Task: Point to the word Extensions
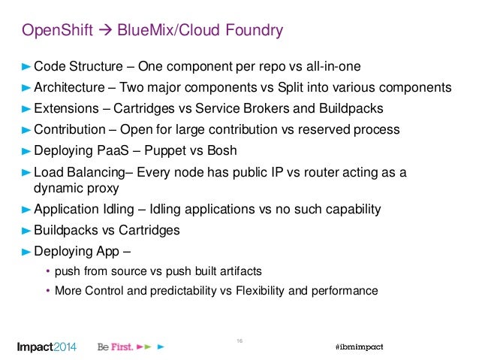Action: (68, 108)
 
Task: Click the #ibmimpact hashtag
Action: (358, 347)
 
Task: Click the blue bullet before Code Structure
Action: (25, 65)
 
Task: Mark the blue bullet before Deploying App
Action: (25, 251)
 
